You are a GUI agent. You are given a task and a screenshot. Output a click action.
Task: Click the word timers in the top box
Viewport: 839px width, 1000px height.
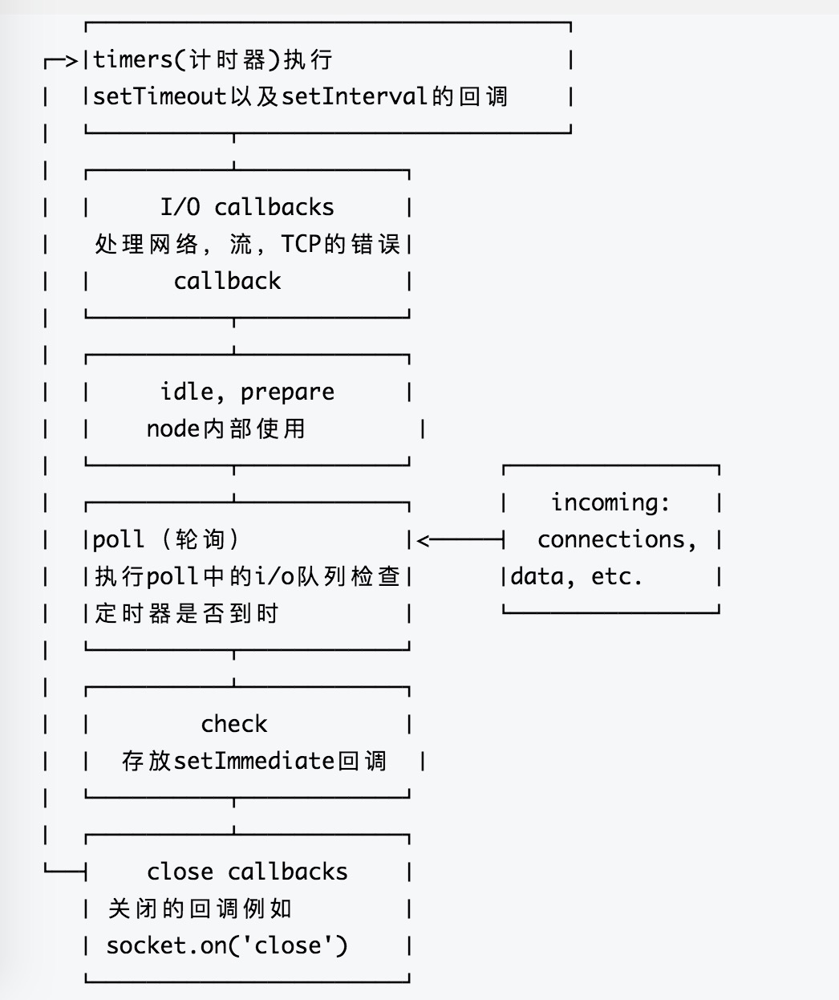point(132,60)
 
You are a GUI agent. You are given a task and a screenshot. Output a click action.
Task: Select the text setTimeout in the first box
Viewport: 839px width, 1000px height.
point(160,97)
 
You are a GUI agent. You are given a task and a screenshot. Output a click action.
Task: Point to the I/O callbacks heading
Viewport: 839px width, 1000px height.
point(247,207)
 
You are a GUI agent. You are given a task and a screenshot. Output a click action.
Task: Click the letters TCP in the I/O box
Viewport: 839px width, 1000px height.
point(302,244)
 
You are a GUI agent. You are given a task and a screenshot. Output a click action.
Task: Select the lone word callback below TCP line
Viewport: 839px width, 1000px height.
point(227,281)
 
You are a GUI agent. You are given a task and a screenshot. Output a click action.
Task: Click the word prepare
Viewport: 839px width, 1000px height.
point(287,392)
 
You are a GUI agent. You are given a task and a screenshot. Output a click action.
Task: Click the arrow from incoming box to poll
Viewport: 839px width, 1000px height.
point(457,540)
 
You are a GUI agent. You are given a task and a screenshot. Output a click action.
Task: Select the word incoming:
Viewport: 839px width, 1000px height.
point(610,502)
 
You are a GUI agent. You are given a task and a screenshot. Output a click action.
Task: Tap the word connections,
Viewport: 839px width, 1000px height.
point(616,539)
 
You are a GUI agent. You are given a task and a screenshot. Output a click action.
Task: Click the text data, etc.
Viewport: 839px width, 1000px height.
point(577,576)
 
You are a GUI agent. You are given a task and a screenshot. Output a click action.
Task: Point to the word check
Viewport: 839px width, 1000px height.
point(233,724)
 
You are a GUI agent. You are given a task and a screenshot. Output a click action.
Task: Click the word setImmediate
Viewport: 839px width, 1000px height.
point(253,761)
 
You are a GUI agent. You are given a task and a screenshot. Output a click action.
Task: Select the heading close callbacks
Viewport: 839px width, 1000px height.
point(247,872)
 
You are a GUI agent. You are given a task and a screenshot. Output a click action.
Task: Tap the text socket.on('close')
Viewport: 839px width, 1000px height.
point(227,945)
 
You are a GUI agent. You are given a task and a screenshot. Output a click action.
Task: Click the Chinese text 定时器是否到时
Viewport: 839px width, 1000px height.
point(186,614)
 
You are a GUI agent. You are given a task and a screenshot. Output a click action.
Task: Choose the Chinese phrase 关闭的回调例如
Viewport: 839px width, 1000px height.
point(200,909)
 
